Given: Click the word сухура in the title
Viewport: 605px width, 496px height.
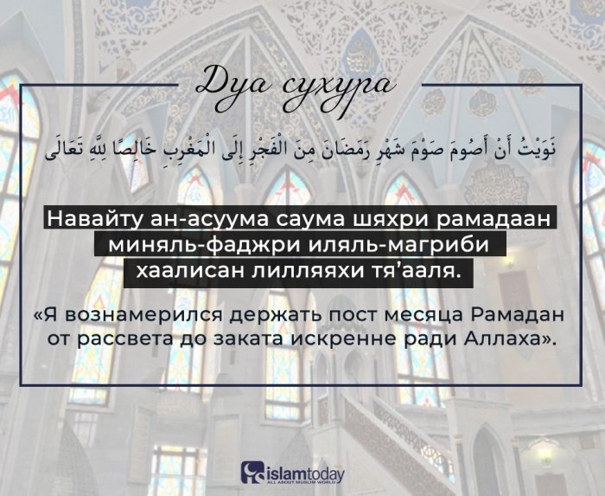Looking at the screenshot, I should tap(330, 85).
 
